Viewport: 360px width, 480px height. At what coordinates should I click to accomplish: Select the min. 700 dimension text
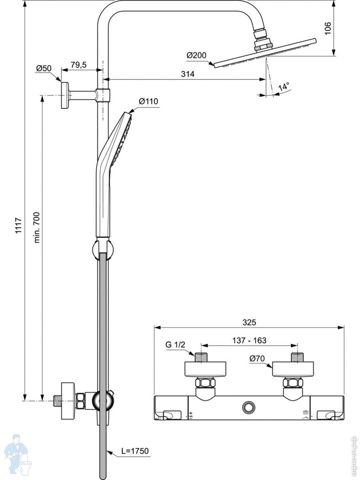click(37, 227)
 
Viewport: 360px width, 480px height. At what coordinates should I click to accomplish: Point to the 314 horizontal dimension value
click(188, 74)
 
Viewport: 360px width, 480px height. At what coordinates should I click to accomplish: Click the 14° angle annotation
click(283, 86)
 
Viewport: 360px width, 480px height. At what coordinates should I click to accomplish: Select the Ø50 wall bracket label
click(44, 68)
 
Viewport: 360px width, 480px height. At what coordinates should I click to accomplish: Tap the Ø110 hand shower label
click(148, 102)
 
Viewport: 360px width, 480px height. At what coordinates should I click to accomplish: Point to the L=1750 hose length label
click(135, 451)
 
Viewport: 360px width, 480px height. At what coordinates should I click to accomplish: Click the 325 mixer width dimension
click(249, 322)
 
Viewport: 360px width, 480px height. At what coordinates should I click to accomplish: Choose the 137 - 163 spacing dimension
click(249, 340)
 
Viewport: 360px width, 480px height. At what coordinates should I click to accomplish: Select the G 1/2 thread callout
click(175, 344)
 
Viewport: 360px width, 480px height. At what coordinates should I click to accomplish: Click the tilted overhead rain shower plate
click(265, 52)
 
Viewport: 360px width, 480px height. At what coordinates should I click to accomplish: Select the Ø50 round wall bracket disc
click(64, 95)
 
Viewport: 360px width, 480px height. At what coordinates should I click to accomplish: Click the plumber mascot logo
click(16, 454)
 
